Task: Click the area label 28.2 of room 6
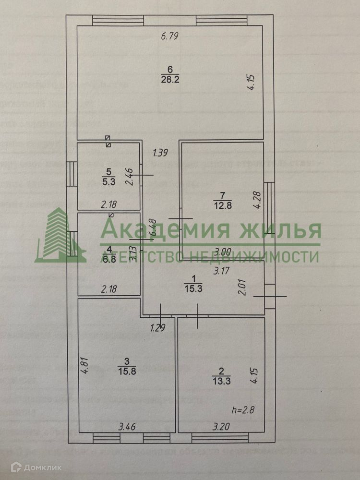point(170,80)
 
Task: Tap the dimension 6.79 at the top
point(170,36)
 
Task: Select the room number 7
point(222,195)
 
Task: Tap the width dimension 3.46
point(128,426)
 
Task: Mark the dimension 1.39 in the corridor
point(160,153)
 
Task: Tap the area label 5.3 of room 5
point(108,181)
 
